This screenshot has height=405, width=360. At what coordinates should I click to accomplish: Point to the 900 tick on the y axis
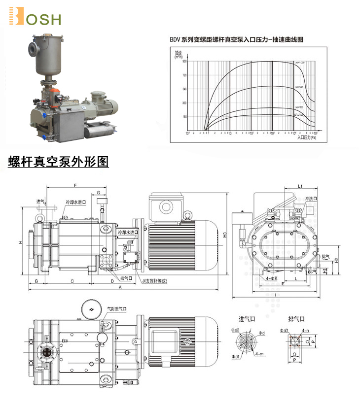point(184,61)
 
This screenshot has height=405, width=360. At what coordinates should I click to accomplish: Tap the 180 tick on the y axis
point(184,117)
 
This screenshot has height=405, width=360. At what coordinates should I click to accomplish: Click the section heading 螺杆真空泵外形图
point(58,162)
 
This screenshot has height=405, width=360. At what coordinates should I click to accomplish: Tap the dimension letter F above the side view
point(75,186)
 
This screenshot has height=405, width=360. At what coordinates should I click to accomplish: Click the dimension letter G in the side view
point(99,192)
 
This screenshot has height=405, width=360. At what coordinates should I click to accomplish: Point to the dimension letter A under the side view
point(120,288)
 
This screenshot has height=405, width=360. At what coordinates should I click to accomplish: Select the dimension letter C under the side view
point(72,281)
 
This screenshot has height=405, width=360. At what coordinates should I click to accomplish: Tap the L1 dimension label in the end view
point(300,186)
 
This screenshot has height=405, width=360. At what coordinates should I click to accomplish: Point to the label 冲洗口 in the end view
point(311,199)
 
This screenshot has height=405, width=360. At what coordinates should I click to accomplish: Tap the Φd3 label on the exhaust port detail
point(284,330)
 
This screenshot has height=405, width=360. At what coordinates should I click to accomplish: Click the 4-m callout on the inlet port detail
point(260,354)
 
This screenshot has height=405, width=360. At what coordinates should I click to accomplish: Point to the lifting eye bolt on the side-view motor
point(188,215)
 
